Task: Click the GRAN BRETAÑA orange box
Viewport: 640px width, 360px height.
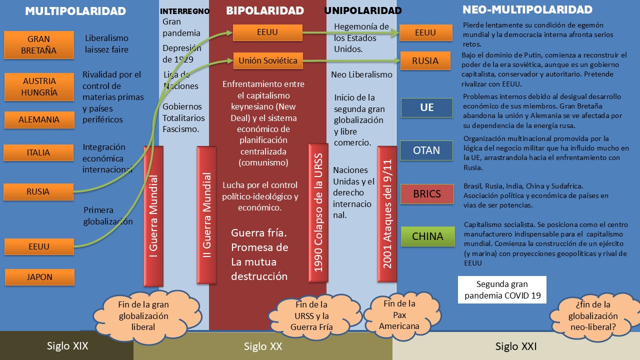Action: (x=38, y=44)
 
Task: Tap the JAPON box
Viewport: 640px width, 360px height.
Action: (x=39, y=277)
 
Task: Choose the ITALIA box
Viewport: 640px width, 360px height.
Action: (x=38, y=152)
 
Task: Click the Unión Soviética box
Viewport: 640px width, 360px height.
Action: (x=267, y=61)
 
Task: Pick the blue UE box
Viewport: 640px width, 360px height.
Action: (x=426, y=107)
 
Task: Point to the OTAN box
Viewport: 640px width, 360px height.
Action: (x=426, y=150)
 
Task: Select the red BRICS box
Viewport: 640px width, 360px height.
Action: (x=426, y=194)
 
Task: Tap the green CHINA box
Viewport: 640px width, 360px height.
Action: (x=427, y=236)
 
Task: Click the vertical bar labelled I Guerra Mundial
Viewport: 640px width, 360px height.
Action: (x=152, y=215)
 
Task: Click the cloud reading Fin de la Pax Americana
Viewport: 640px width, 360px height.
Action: (x=398, y=315)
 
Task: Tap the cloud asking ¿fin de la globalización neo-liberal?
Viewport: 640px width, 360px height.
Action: (x=592, y=316)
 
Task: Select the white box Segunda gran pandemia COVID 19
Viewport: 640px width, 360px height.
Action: (x=502, y=289)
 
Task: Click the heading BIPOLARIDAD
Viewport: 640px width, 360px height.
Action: (x=264, y=10)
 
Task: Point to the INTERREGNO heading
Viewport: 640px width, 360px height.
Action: (x=184, y=11)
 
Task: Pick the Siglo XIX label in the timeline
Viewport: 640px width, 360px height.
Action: (x=67, y=345)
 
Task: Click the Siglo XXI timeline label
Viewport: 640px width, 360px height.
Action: (x=516, y=346)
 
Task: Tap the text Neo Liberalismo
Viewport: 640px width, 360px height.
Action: (x=361, y=75)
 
